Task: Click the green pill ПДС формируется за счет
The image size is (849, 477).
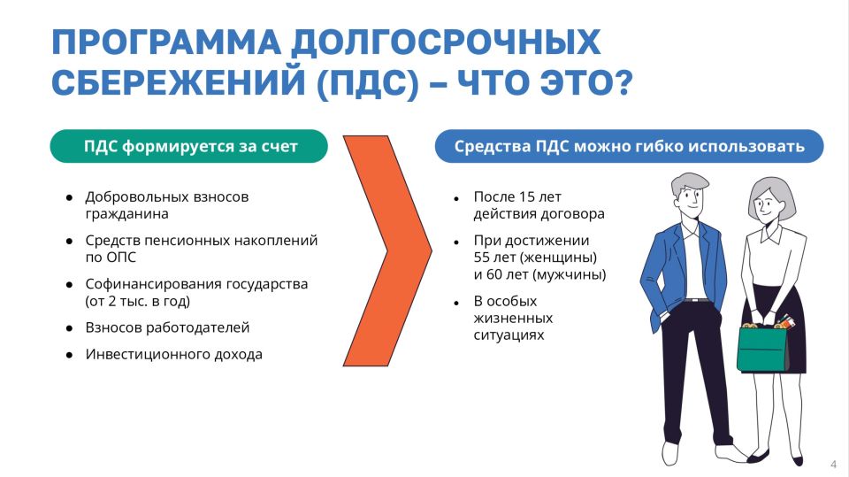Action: [x=189, y=147]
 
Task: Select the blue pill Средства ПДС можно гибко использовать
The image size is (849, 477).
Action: [x=628, y=147]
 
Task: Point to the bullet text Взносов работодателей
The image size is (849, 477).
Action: [x=167, y=327]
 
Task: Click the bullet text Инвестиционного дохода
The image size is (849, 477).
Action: [x=173, y=354]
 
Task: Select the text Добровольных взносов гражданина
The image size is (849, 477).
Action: [x=166, y=204]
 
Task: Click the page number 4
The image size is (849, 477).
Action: [x=833, y=465]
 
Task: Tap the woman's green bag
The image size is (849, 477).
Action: [x=761, y=349]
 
